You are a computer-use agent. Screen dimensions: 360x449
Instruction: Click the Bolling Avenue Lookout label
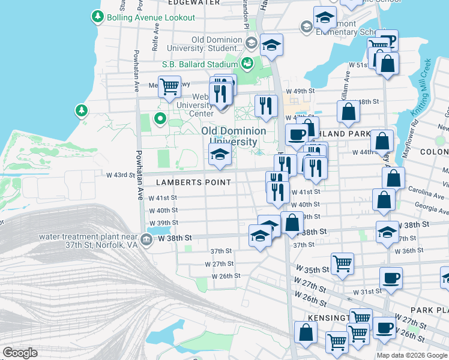(x=151, y=17)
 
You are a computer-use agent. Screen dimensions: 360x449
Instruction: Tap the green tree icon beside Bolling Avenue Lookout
(x=98, y=17)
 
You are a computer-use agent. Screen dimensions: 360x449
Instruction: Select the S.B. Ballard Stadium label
(x=200, y=64)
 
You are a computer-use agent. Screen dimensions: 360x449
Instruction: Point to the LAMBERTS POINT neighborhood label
(x=193, y=182)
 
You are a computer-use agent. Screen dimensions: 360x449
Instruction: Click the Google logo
(x=20, y=353)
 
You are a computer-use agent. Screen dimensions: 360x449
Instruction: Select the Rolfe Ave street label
(x=155, y=41)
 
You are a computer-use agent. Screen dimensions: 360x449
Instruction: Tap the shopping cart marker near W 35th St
(x=342, y=263)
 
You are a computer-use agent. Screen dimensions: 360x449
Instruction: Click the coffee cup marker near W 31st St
(x=391, y=278)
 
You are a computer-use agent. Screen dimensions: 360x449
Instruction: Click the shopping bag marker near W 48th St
(x=348, y=112)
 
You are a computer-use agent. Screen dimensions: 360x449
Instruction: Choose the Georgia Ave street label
(x=426, y=211)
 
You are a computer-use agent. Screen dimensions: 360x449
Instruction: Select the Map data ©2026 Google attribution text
(x=411, y=355)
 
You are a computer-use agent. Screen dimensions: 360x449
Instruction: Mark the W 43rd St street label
(x=120, y=175)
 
